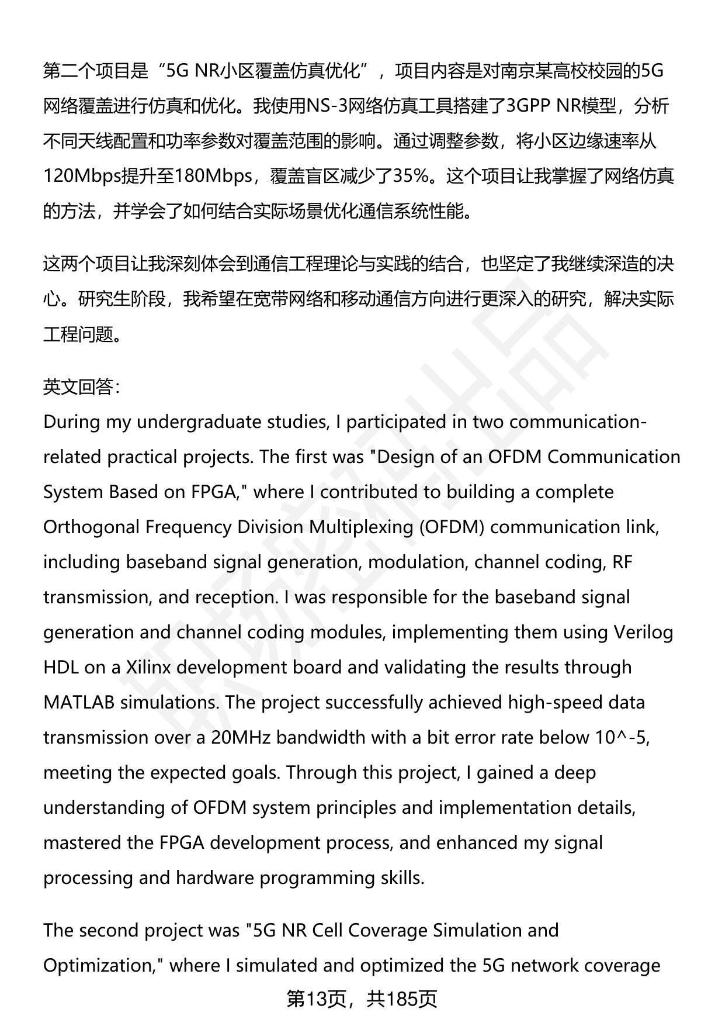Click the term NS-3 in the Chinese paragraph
pos(322,106)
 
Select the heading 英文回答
pos(78,386)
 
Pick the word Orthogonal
pos(91,527)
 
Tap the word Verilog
pos(643,632)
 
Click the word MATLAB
pos(79,702)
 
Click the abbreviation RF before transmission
pos(622,562)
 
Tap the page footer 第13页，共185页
pos(362,999)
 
